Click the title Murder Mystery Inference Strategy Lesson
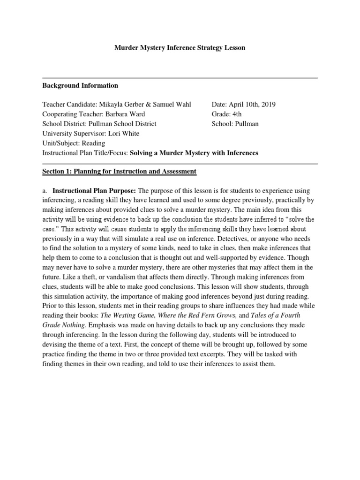click(x=180, y=48)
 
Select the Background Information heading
click(x=80, y=85)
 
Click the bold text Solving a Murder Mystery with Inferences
click(x=194, y=153)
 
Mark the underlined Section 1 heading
click(x=119, y=172)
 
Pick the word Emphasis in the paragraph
click(x=112, y=324)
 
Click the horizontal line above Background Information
click(x=180, y=78)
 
